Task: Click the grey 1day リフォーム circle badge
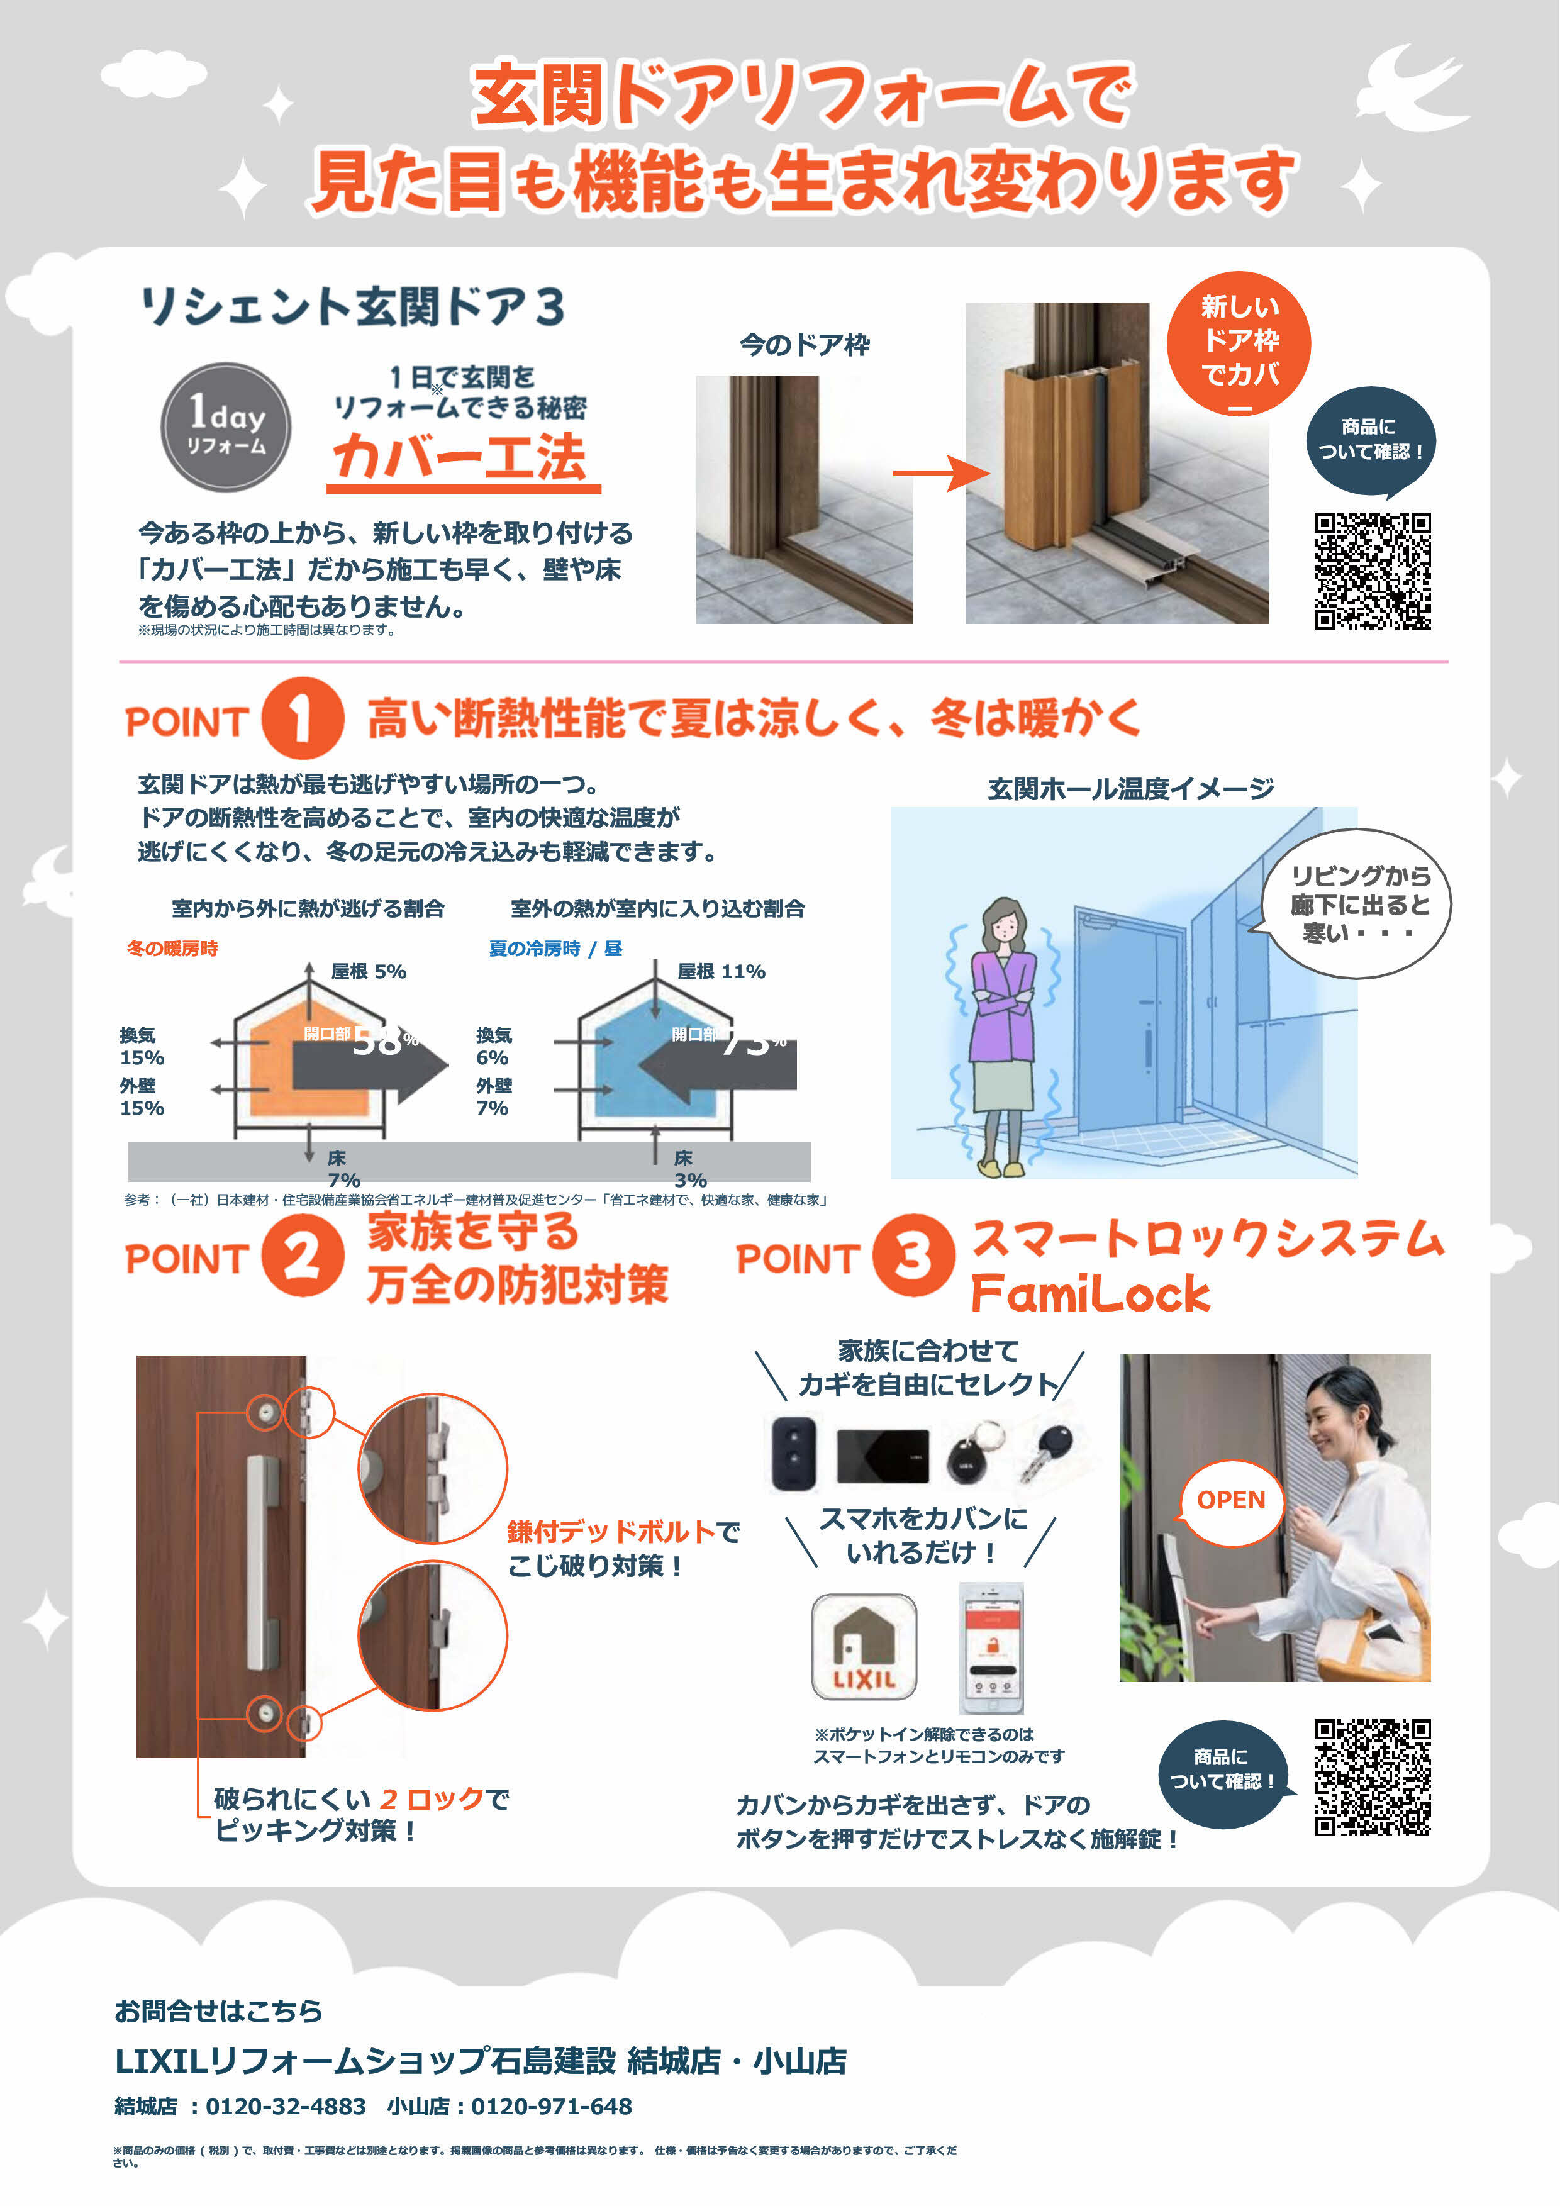click(x=226, y=426)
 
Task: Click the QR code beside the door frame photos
click(x=1372, y=572)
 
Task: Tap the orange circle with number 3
click(x=913, y=1255)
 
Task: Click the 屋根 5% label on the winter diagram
click(x=368, y=971)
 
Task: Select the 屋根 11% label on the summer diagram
click(x=721, y=971)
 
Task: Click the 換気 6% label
click(x=494, y=1046)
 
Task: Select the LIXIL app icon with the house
click(x=864, y=1647)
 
